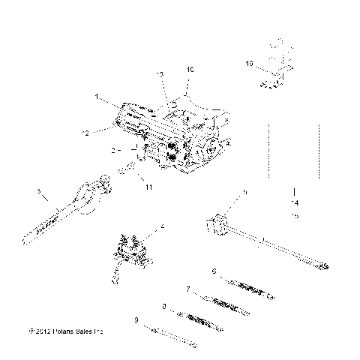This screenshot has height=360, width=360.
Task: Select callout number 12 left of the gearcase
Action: [x=85, y=133]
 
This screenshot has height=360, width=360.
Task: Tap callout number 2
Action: [x=112, y=151]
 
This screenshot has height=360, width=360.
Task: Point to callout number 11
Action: [x=148, y=186]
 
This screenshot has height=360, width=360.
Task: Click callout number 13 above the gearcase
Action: [x=159, y=75]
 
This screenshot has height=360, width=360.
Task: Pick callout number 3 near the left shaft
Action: [x=38, y=192]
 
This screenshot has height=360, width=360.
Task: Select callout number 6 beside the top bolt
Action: [x=214, y=271]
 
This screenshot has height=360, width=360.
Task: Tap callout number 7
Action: [x=187, y=288]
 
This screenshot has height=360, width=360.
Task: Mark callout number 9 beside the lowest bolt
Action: [x=136, y=320]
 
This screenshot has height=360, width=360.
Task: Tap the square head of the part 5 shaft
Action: [x=215, y=226]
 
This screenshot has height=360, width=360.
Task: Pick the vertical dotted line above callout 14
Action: [x=270, y=154]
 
